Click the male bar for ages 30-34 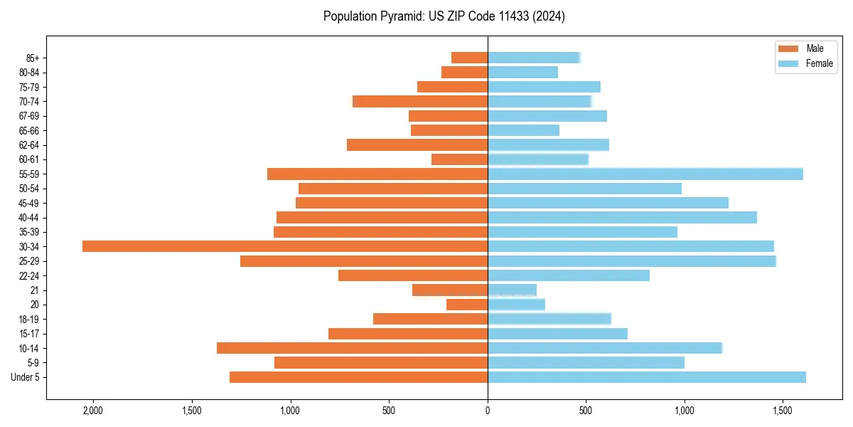284,246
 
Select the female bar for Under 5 646,377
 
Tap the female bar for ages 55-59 645,174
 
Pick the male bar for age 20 466,305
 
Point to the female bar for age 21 512,290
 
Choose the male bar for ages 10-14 352,348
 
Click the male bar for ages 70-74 419,101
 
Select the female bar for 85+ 534,58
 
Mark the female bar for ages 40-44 622,217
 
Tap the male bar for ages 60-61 459,159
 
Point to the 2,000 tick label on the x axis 93,411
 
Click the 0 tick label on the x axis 488,411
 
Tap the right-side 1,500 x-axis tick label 783,411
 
